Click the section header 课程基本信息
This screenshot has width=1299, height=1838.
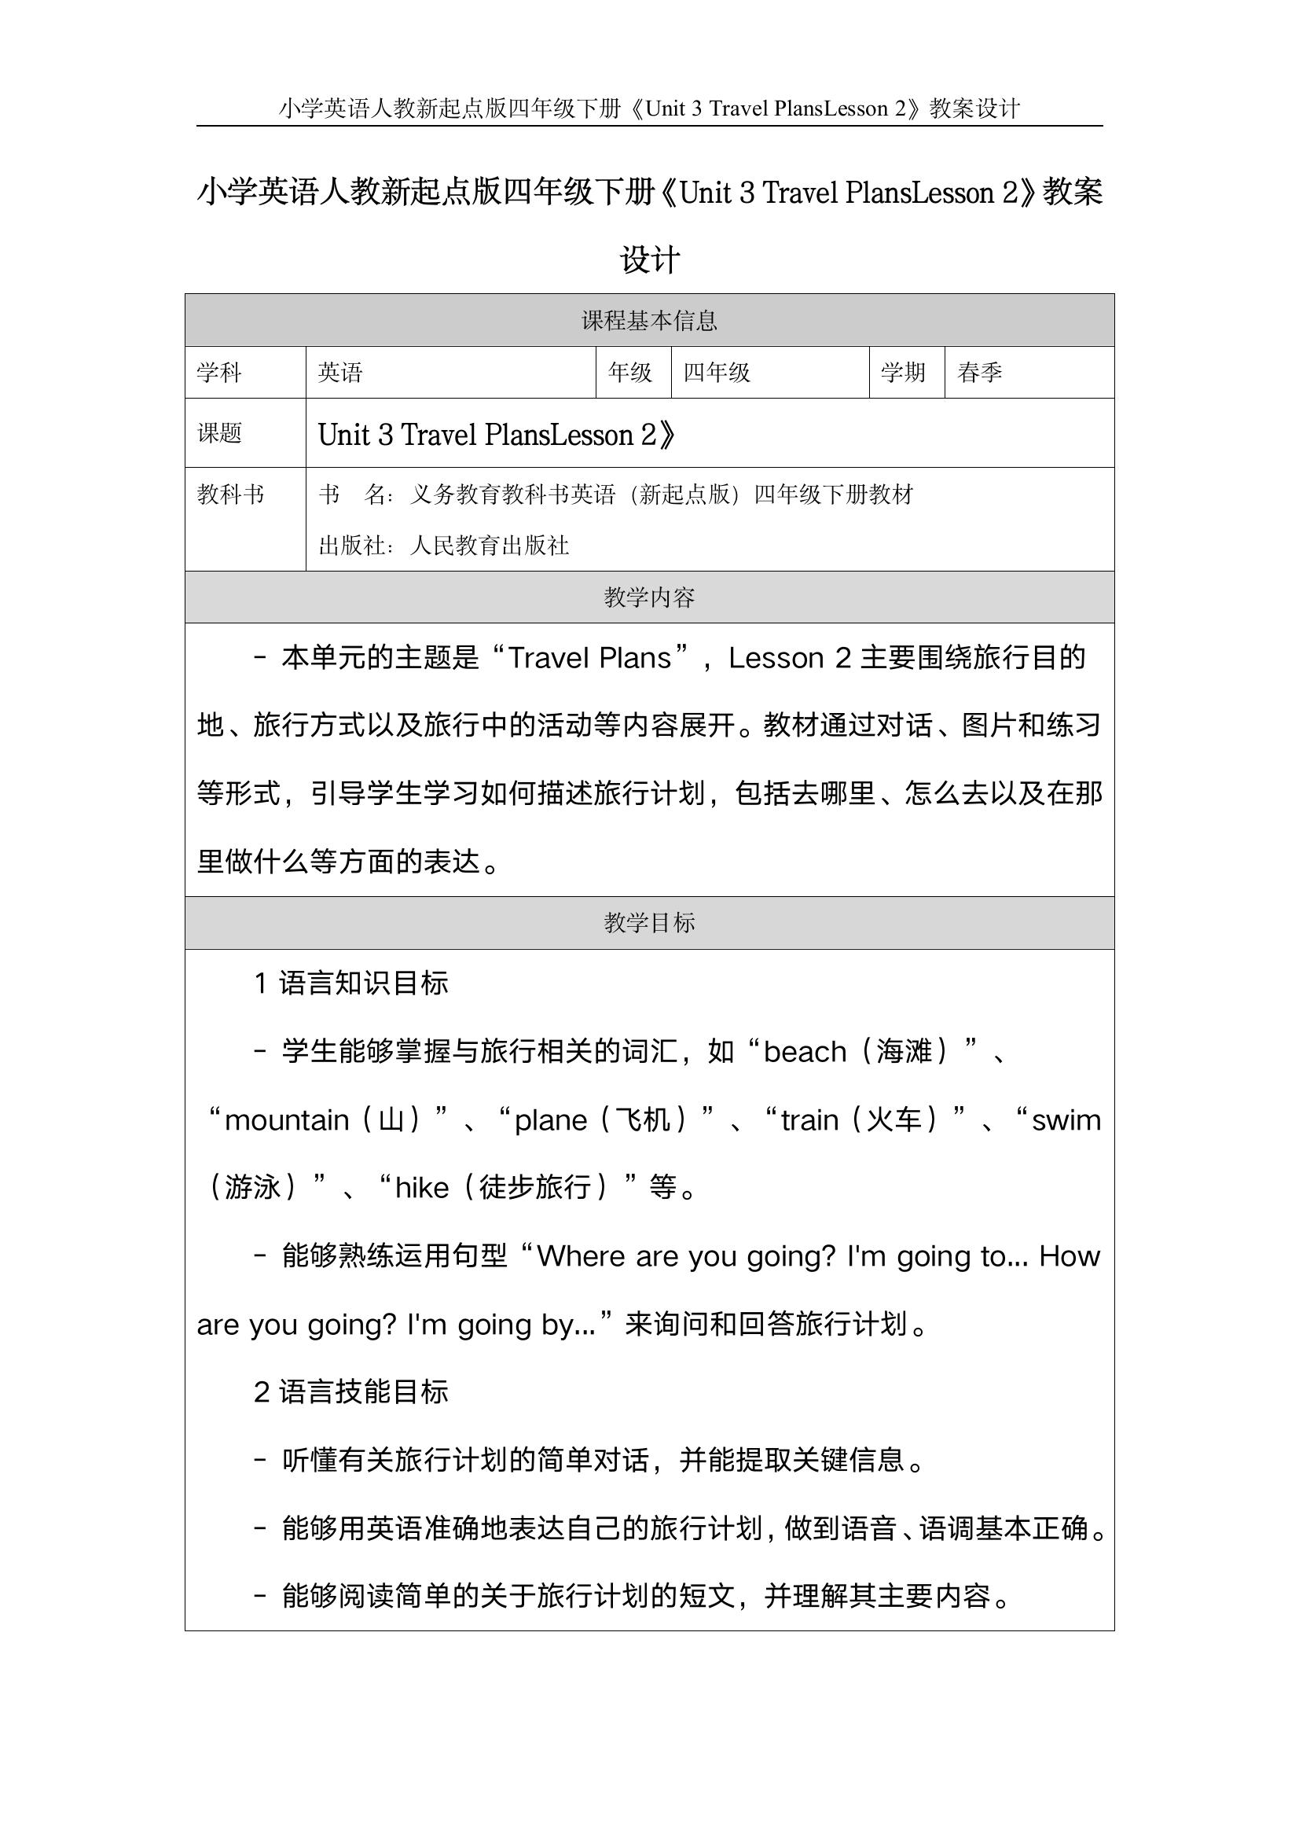point(649,321)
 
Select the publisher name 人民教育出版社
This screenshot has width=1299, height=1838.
point(489,546)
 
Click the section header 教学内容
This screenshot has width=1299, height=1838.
point(649,597)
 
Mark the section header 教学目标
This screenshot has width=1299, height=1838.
point(649,923)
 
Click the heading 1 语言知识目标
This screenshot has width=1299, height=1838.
point(350,983)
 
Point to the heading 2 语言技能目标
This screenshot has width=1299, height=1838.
point(350,1392)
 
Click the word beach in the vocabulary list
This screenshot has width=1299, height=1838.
point(805,1052)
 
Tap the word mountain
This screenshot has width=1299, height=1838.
point(287,1120)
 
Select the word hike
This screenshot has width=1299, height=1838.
point(422,1187)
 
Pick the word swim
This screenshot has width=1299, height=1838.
point(1066,1120)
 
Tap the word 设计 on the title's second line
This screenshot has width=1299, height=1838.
point(649,260)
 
